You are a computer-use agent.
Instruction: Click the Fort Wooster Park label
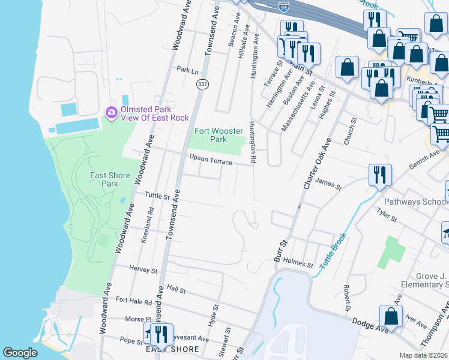tap(211, 135)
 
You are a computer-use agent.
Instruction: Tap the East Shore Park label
tap(110, 179)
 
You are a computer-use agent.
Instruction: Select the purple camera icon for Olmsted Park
tap(111, 113)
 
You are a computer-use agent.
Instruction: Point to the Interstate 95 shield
tap(284, 7)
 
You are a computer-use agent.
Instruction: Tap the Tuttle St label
tap(158, 195)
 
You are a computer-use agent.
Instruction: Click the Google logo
tap(20, 352)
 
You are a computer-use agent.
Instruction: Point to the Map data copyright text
tap(423, 355)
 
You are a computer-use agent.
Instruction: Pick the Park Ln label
tap(187, 70)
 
